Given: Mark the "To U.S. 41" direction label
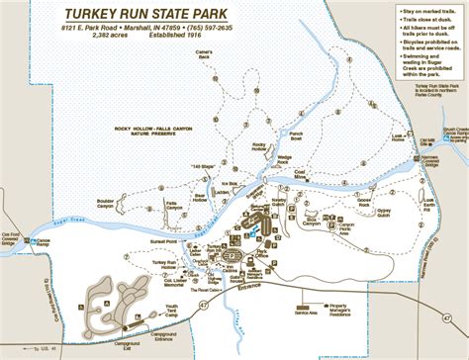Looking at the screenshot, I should [43, 349].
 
